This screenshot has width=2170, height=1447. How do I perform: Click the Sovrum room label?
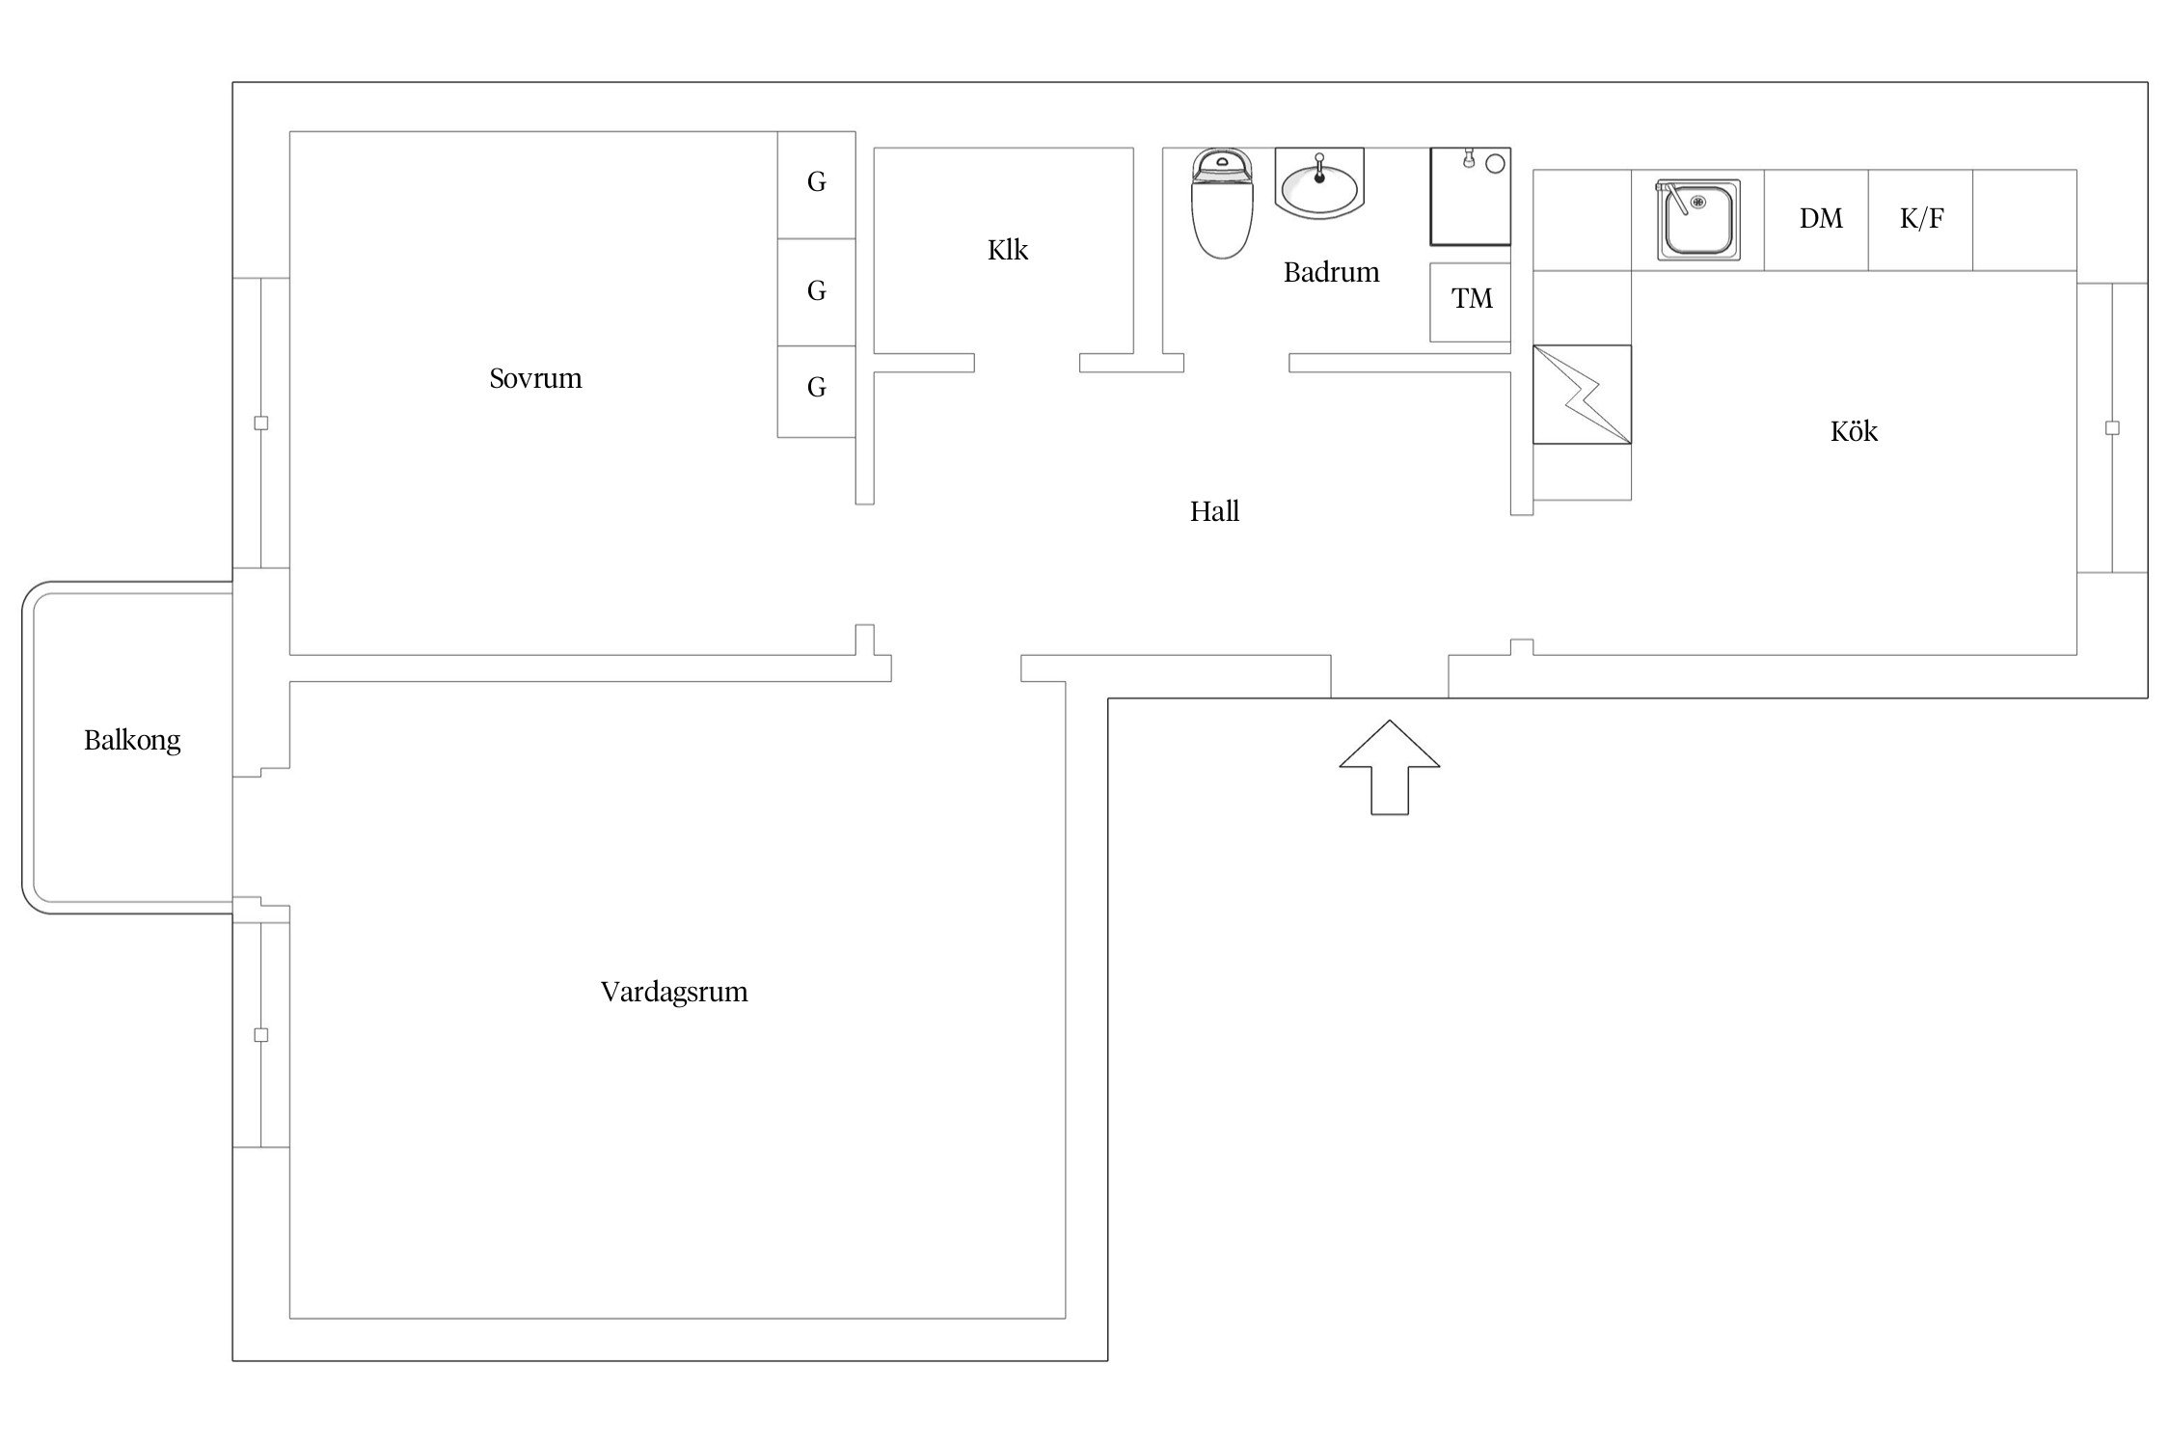click(535, 378)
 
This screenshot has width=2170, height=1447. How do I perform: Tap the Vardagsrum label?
click(674, 993)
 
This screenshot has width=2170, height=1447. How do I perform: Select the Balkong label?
click(132, 741)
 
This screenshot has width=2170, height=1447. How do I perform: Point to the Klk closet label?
click(1008, 250)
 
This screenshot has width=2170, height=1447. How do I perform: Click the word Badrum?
click(1331, 272)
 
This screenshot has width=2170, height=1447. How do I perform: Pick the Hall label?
click(1214, 511)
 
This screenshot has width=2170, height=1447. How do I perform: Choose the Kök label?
click(1854, 430)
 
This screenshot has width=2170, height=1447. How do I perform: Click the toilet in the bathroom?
click(1223, 204)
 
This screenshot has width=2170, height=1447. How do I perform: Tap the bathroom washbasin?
click(1319, 182)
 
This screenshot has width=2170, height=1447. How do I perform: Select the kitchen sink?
click(1699, 219)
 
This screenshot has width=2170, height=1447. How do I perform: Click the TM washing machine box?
click(1470, 302)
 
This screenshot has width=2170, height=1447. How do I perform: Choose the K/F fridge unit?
click(1921, 220)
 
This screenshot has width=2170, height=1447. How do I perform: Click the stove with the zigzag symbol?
click(1582, 395)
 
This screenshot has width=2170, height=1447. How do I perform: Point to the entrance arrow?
click(1390, 767)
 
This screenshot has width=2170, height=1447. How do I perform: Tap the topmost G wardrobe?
click(817, 184)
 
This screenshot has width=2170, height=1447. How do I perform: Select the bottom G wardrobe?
click(817, 391)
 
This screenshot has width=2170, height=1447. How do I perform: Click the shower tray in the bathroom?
click(1470, 197)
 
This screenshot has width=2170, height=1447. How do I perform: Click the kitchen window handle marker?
click(2112, 428)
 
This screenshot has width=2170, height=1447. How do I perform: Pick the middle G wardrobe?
click(817, 292)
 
